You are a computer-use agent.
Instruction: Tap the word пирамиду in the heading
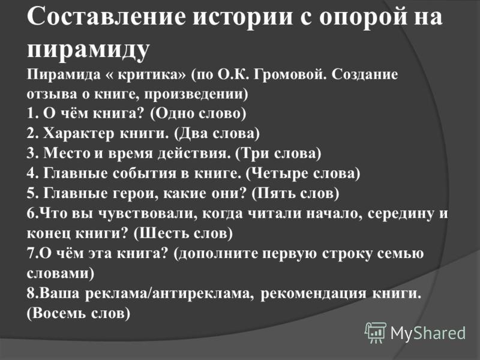(x=88, y=49)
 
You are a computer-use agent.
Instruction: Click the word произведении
(x=194, y=94)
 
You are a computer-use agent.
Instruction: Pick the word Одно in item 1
(x=175, y=114)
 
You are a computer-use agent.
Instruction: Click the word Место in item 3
(x=67, y=154)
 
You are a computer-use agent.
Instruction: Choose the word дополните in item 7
(x=218, y=254)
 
